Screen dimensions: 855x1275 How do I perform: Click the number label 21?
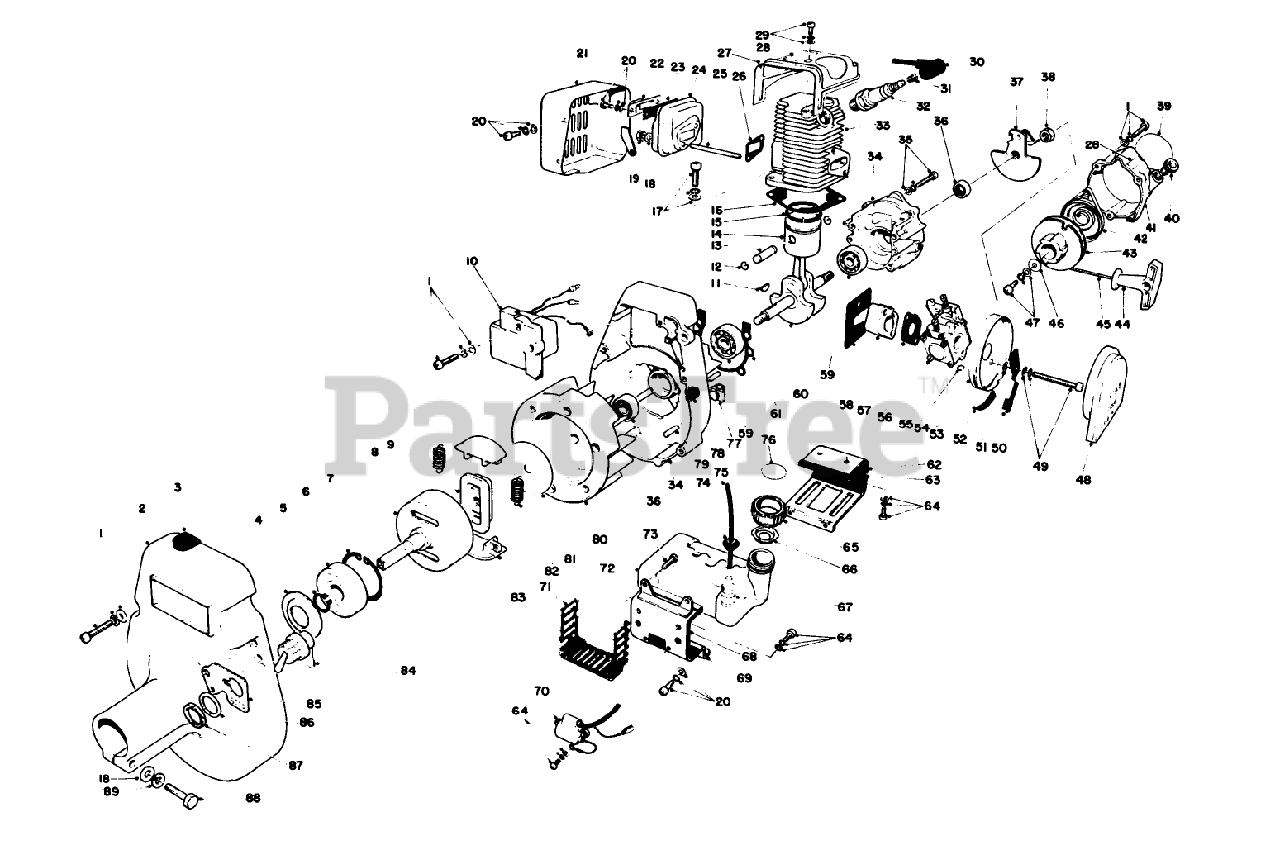point(582,53)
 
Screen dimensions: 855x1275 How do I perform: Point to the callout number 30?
point(976,62)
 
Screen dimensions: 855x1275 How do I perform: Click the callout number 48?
point(1083,480)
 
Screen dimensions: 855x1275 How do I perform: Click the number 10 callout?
point(472,261)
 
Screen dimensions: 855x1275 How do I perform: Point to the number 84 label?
point(408,671)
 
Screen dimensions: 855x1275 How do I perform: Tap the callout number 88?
point(253,798)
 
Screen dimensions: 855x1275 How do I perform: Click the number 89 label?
point(111,792)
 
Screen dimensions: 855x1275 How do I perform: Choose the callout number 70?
point(541,691)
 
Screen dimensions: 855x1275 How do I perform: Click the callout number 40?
point(1171,218)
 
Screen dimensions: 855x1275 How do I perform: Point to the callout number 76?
point(768,439)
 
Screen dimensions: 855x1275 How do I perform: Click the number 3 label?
point(177,488)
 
